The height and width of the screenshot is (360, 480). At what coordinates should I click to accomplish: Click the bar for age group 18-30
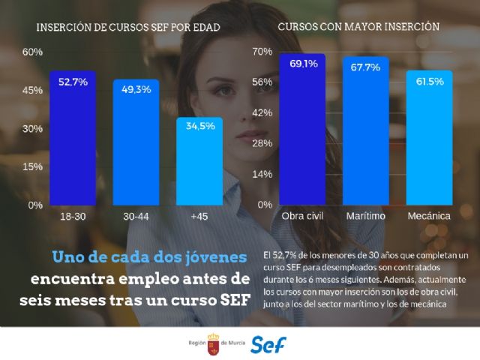point(73,138)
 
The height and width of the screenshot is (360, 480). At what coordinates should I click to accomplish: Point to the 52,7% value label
point(73,81)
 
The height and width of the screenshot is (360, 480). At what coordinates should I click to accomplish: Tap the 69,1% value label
point(302,64)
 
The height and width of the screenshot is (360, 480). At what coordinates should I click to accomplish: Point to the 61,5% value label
point(429,80)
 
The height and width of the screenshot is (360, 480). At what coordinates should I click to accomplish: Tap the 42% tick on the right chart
point(262,112)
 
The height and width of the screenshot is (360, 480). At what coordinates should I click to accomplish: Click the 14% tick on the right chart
point(262,174)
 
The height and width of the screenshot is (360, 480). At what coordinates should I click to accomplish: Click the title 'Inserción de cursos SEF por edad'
point(128,28)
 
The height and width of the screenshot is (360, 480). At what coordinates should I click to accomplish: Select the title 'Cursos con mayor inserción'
point(358,25)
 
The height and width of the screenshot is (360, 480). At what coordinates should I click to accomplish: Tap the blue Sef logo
point(268,343)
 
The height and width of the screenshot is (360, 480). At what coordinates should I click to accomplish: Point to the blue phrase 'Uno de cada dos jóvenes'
point(149,256)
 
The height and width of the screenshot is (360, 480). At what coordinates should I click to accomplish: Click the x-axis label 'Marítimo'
point(366,216)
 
